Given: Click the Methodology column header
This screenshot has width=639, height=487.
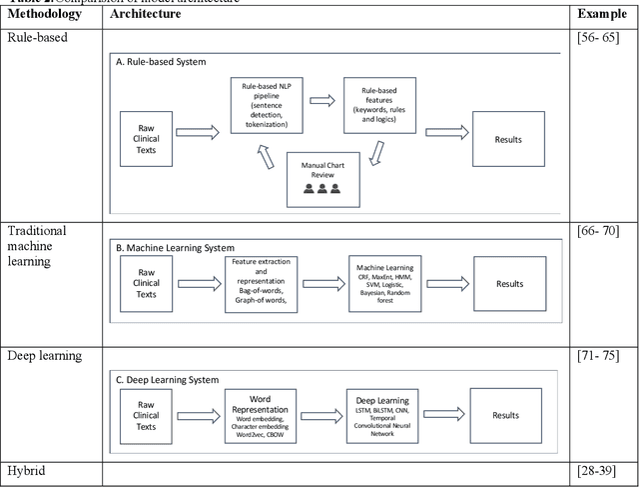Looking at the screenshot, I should coord(48,15).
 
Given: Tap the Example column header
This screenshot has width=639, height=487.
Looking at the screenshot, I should coord(603,15).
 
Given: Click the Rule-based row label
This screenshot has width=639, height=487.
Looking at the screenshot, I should coord(38,37).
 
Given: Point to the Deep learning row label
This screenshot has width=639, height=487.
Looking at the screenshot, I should coord(48,356).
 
